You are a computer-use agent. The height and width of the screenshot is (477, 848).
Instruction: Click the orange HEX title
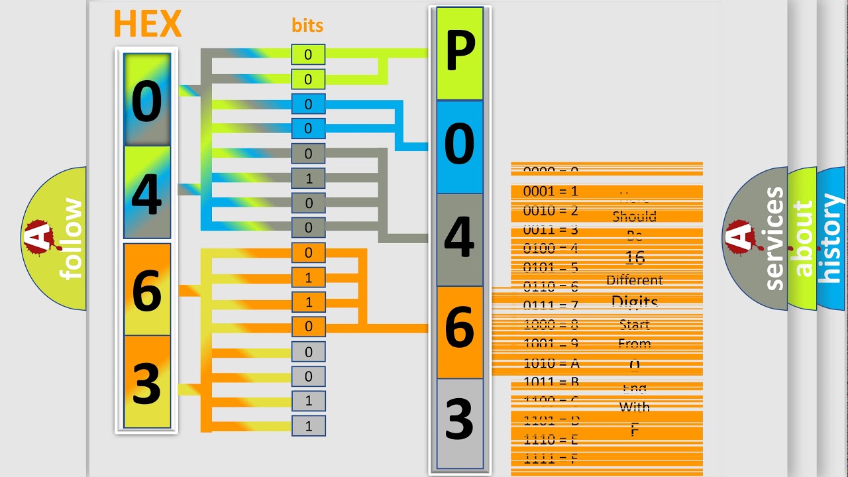click(x=147, y=25)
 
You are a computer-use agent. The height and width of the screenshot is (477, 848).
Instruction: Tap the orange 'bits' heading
click(x=307, y=26)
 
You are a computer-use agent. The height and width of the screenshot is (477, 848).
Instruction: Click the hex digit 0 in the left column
click(x=146, y=103)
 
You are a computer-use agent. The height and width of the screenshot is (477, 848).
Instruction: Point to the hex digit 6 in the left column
click(x=146, y=290)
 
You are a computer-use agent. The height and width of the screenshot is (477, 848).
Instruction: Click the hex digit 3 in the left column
click(x=146, y=383)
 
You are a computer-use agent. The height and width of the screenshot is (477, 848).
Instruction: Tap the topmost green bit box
click(x=308, y=55)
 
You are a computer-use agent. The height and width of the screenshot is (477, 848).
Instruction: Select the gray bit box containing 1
click(x=308, y=178)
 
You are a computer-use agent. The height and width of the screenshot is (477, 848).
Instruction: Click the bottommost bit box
click(x=308, y=426)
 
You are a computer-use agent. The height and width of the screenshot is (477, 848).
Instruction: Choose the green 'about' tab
click(x=802, y=238)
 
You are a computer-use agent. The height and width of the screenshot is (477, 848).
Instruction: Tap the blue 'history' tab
click(x=831, y=238)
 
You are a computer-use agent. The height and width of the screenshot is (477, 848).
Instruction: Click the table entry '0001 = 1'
click(x=551, y=192)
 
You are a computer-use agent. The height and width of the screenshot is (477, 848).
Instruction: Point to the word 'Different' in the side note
click(x=634, y=280)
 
